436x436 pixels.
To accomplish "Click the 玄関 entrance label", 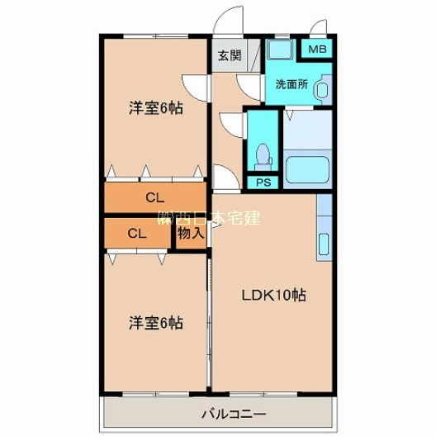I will tap(230, 56).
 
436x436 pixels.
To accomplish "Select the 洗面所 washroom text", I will tap(291, 84).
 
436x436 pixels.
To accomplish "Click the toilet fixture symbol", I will tap(263, 154).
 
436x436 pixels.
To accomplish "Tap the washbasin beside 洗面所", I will tap(323, 88).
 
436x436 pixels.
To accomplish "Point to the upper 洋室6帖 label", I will tap(154, 107).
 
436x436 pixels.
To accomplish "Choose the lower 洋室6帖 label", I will tap(154, 322).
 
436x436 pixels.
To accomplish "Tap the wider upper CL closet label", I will tap(154, 198).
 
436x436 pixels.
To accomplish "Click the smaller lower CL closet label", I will tap(136, 234).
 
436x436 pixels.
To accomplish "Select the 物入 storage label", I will tap(191, 234).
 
